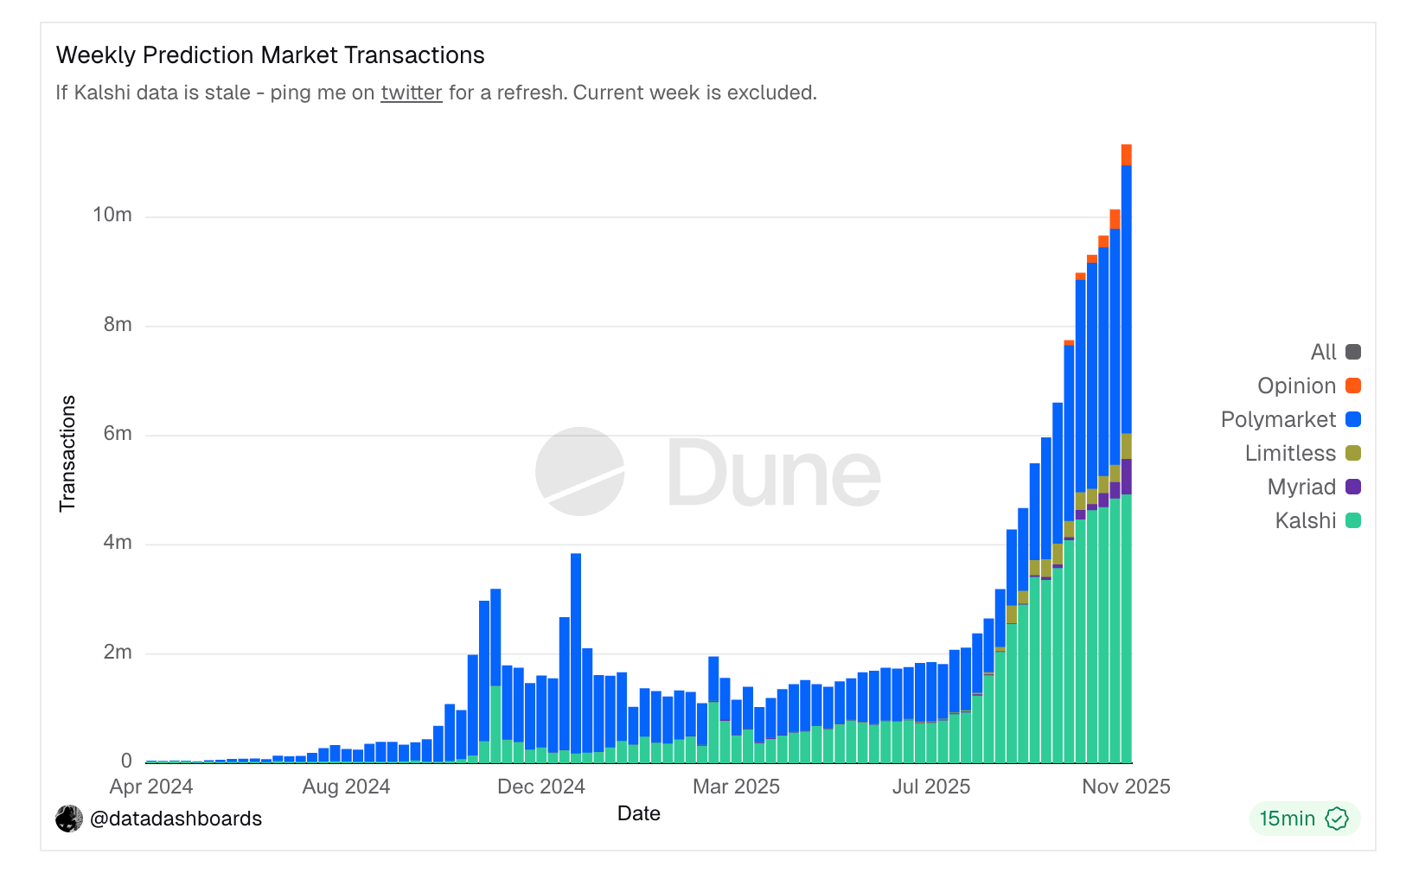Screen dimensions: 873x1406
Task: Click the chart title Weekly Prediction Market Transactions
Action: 270,55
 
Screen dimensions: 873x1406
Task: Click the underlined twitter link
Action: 412,92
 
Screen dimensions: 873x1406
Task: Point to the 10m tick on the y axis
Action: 112,214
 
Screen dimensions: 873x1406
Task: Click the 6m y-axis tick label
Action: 118,433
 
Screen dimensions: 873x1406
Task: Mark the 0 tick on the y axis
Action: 126,761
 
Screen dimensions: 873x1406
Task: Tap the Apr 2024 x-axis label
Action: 151,787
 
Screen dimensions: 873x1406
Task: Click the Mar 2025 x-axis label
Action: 736,787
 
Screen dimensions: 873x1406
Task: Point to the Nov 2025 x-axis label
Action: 1126,787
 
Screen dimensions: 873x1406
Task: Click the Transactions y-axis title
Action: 67,453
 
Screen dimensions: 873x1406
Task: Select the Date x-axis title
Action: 638,813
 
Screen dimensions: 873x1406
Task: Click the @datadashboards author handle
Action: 176,819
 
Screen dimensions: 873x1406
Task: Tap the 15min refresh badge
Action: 1303,819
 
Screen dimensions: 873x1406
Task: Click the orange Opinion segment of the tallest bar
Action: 1127,155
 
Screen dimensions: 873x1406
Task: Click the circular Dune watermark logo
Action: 579,471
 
